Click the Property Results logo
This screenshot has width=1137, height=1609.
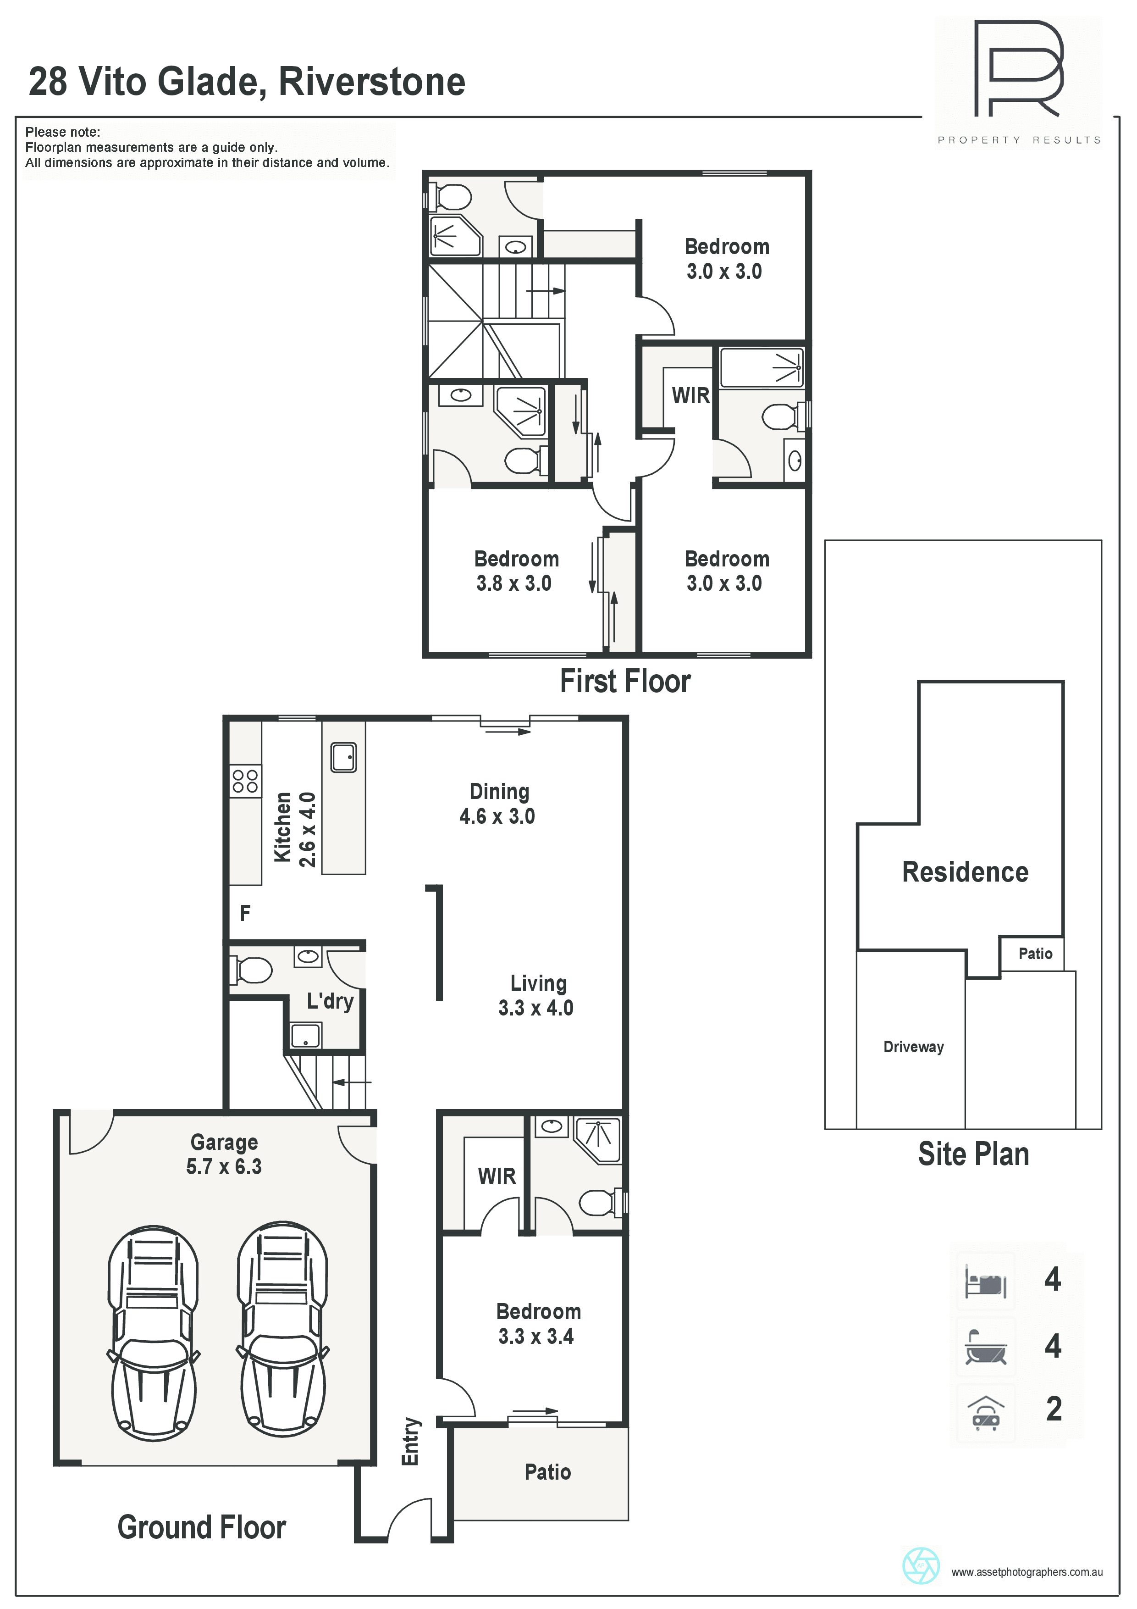(x=1019, y=83)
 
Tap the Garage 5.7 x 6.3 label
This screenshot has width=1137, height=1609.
(x=224, y=1154)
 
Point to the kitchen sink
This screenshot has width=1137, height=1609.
(x=343, y=758)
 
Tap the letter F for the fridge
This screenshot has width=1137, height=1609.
(x=245, y=913)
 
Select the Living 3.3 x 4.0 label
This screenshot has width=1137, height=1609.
(x=536, y=995)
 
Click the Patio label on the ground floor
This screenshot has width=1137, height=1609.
(x=548, y=1472)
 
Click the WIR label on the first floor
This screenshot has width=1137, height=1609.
(x=691, y=396)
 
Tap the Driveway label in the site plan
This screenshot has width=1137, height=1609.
(x=914, y=1047)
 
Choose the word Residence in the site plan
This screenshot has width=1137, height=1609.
(x=966, y=872)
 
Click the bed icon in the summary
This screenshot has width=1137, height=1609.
(x=986, y=1282)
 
